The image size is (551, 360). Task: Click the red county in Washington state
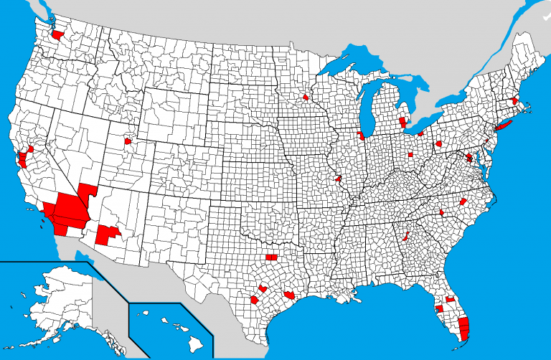point(57,34)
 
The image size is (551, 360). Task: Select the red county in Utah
point(128,141)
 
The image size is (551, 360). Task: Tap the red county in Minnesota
point(306,97)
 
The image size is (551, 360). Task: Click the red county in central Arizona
point(108,235)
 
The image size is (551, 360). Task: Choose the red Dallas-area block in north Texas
point(271,257)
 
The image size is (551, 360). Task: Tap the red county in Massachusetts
point(515,101)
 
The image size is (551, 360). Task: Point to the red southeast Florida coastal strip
point(463,329)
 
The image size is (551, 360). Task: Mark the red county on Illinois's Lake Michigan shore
point(360,135)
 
